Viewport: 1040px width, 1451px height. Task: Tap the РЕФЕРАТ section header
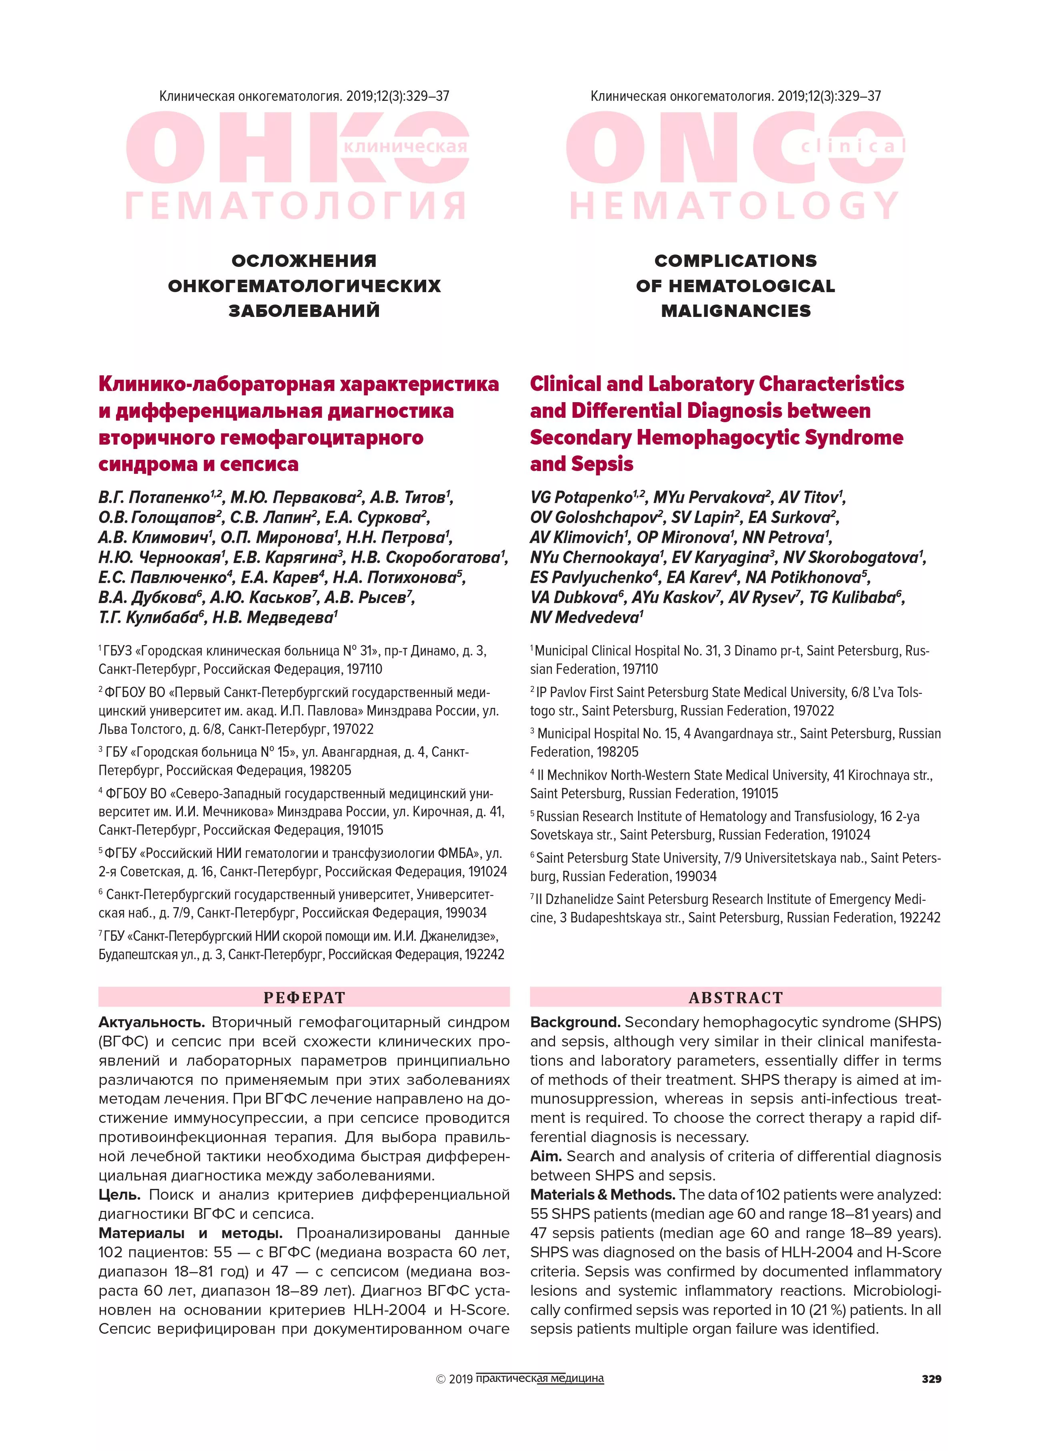[304, 997]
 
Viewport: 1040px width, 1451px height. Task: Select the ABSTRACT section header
[735, 997]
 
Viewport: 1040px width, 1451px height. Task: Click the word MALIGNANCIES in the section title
[735, 311]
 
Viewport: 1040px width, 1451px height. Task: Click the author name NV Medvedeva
[584, 617]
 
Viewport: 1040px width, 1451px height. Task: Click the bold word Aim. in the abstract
[545, 1156]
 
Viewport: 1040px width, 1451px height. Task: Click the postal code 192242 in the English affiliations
[920, 918]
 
